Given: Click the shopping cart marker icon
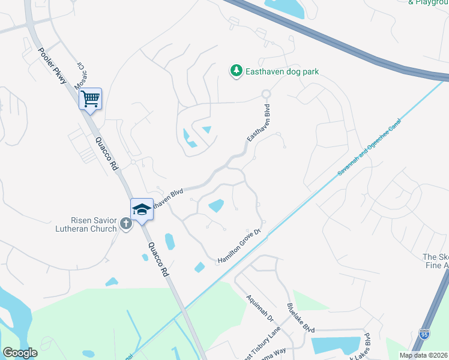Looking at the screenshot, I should (90, 98).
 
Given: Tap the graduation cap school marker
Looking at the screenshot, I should (142, 209).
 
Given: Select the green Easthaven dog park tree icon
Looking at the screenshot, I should (237, 71).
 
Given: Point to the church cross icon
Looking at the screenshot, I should (125, 224).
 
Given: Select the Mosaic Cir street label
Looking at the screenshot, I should (80, 75).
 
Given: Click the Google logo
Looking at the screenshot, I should (20, 353).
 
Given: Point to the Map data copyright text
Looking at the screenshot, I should (424, 355).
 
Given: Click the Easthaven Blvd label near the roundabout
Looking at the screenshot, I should (258, 124).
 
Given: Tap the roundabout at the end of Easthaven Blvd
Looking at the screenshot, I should (266, 94).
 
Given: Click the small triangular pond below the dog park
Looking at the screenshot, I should (206, 129).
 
